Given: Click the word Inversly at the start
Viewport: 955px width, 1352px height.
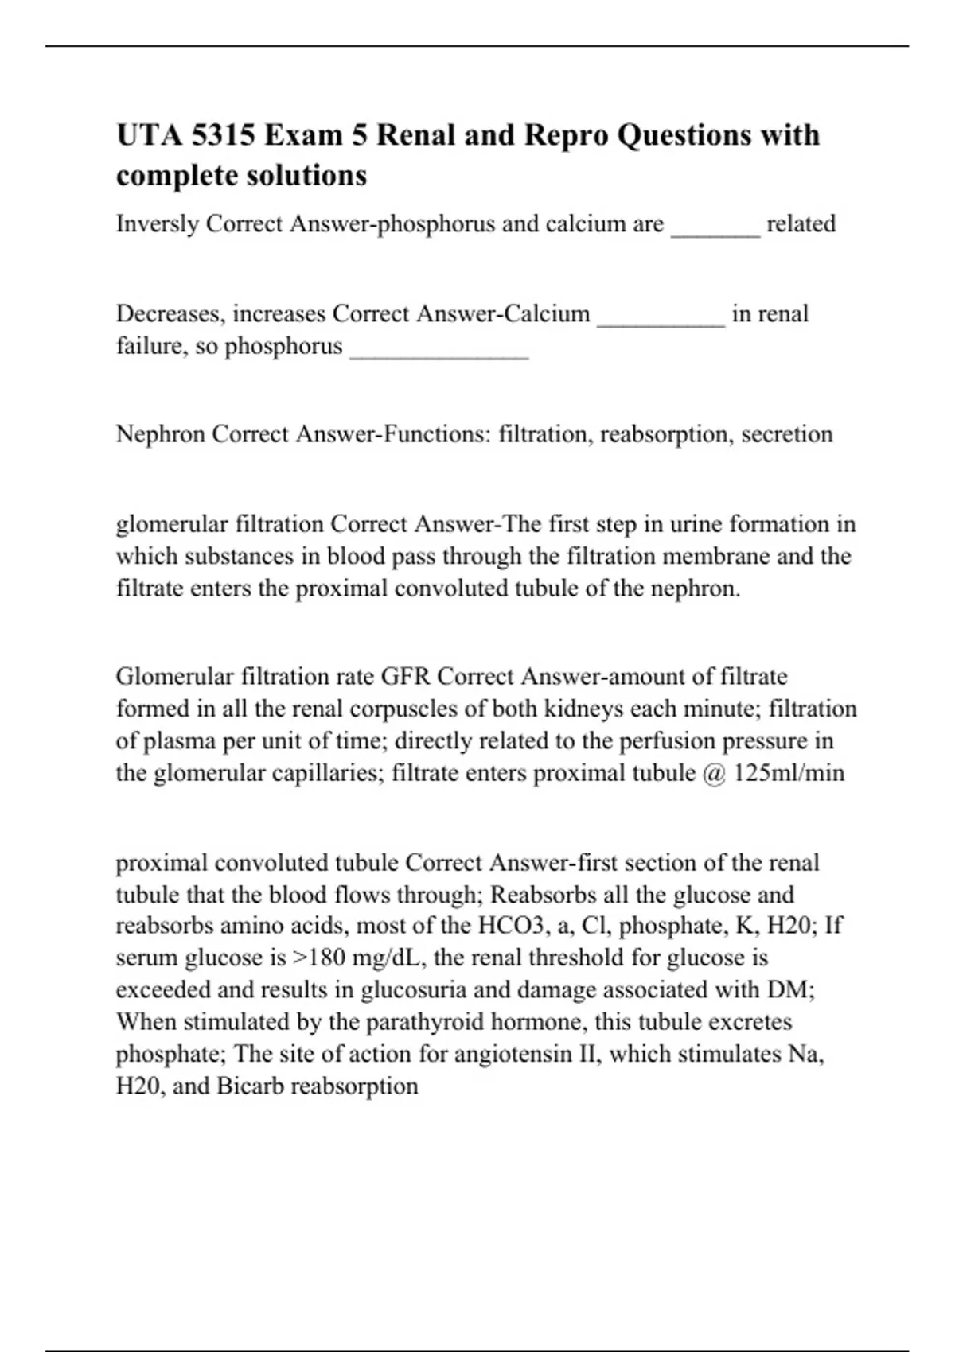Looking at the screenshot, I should coord(158,224).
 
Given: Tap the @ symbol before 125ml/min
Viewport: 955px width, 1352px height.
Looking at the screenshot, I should coord(714,773).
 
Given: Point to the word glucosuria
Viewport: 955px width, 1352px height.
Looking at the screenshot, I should coord(422,990).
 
